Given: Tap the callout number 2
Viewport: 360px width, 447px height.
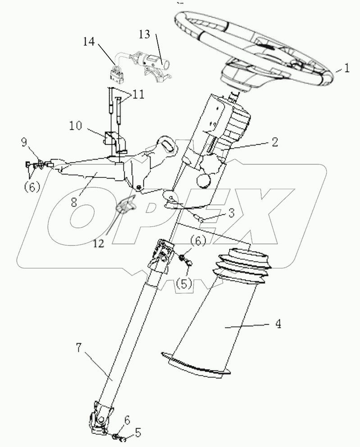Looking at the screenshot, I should click(274, 143).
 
